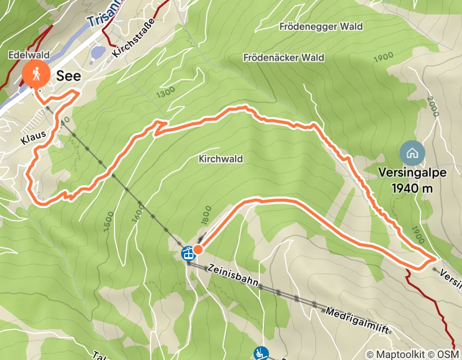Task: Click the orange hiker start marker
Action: (35, 75)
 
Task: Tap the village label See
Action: (68, 76)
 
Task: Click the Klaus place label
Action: (33, 137)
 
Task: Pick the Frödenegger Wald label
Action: (322, 26)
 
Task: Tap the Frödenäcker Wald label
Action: (284, 58)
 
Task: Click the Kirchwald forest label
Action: (220, 159)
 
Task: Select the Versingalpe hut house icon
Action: (412, 153)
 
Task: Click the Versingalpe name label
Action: (412, 173)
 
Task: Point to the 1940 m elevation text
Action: (412, 188)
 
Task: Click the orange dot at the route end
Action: (198, 249)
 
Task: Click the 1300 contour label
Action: (165, 92)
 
